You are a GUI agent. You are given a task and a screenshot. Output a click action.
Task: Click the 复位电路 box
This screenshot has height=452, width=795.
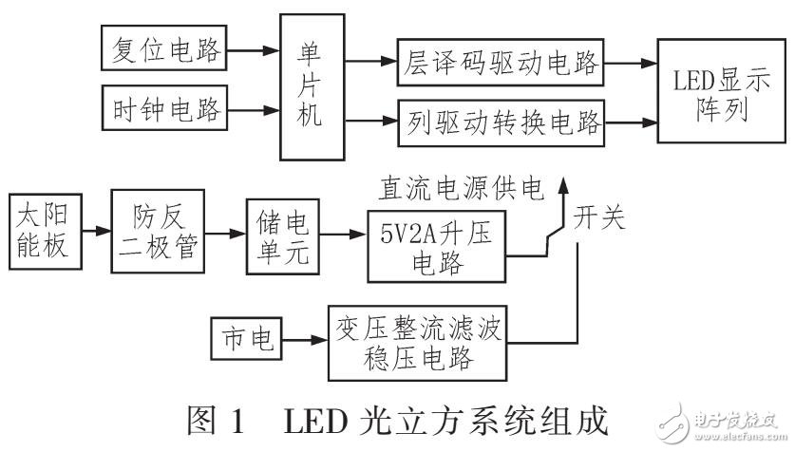coord(164,47)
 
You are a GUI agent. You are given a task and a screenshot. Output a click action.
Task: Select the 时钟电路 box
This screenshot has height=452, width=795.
coord(164,111)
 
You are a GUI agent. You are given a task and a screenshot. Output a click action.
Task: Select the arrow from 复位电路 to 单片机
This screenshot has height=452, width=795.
coord(254,47)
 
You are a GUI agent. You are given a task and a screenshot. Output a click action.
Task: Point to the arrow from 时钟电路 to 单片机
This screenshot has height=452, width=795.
coord(254,111)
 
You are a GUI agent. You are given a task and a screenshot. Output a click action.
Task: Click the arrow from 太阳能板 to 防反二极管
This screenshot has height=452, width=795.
coord(95,230)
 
